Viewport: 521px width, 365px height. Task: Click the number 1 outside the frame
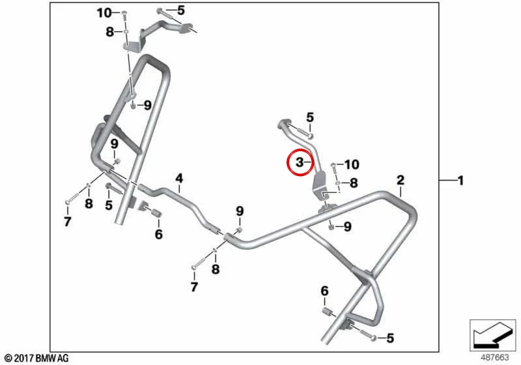pos(460,181)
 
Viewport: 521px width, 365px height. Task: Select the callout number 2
pos(401,180)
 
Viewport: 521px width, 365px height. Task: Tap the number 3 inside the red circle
pos(300,162)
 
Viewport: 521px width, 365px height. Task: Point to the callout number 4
pos(179,179)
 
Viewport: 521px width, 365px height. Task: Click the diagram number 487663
pos(495,357)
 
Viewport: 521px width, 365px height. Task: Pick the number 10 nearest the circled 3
pos(352,164)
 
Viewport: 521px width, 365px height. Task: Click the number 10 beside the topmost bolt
pos(104,13)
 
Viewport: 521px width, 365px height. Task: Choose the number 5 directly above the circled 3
pos(310,117)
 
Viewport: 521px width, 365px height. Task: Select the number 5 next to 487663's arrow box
pos(390,338)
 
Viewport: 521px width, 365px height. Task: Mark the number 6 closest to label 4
pos(159,235)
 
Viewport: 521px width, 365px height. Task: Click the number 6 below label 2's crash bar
pos(324,291)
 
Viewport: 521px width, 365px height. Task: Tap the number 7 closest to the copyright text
pos(68,222)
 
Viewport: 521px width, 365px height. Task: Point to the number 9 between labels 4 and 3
pos(240,211)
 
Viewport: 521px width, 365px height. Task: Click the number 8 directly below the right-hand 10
pos(354,183)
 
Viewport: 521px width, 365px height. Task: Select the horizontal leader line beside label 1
pos(447,181)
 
